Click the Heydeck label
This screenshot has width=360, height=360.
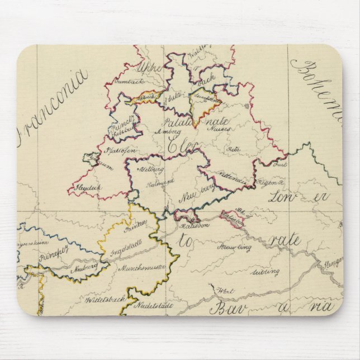coord(88,188)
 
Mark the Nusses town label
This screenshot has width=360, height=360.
coord(216,128)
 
